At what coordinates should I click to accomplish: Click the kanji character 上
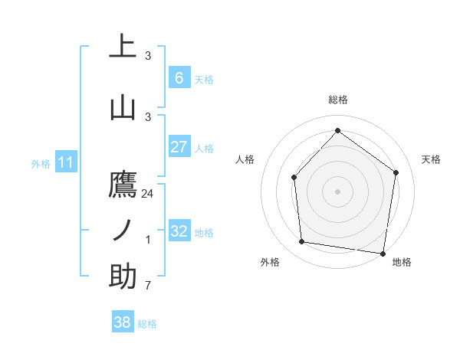[123, 45]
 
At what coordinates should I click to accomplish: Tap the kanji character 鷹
[123, 186]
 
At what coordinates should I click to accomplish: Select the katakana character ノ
[123, 231]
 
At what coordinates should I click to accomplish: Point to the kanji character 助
[123, 277]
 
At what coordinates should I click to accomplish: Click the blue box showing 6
[179, 77]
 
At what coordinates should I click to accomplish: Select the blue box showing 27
[179, 147]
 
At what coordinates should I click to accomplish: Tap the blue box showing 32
[179, 231]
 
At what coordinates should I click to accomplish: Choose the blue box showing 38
[122, 323]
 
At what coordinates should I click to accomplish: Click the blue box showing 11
[66, 162]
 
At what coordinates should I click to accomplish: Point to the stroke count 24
[148, 194]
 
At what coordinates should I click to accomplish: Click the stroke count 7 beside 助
[148, 286]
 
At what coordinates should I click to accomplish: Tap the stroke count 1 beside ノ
[148, 240]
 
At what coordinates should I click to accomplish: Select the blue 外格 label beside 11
[41, 163]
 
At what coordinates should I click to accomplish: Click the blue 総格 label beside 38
[147, 324]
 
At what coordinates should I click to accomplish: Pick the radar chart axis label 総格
[338, 100]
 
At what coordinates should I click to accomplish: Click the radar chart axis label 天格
[431, 159]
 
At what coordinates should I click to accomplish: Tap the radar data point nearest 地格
[383, 253]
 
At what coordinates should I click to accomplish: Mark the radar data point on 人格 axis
[294, 177]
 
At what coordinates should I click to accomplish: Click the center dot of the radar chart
[337, 191]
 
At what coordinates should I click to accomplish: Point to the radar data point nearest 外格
[302, 242]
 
